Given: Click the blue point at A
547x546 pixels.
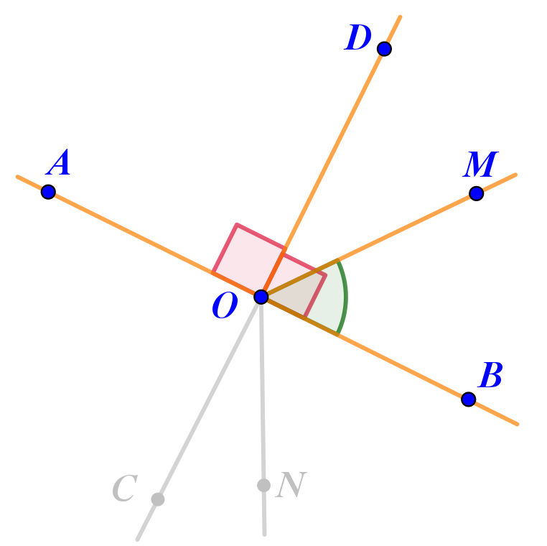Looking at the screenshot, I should coord(48,192).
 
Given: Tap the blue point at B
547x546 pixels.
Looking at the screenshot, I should coord(468,399).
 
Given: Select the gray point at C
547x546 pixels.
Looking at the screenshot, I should coord(158,499).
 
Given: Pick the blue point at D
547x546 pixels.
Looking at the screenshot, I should coord(384,49).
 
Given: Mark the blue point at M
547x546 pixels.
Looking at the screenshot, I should coord(476,193).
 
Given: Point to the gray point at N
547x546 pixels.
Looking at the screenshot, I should coord(263,485).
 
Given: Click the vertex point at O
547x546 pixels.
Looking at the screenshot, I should coord(261,297).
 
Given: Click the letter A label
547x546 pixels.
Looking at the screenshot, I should coord(60,165).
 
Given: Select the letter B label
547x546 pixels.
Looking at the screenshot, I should coord(490,375).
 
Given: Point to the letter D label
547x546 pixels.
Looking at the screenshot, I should coord(357,39).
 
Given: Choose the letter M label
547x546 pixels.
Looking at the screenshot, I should coord(480,166).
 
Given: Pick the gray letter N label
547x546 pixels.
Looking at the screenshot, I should coord(291,486).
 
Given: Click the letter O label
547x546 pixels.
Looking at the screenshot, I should coord(224,307).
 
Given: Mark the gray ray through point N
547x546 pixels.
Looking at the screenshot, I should coord(263,402).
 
